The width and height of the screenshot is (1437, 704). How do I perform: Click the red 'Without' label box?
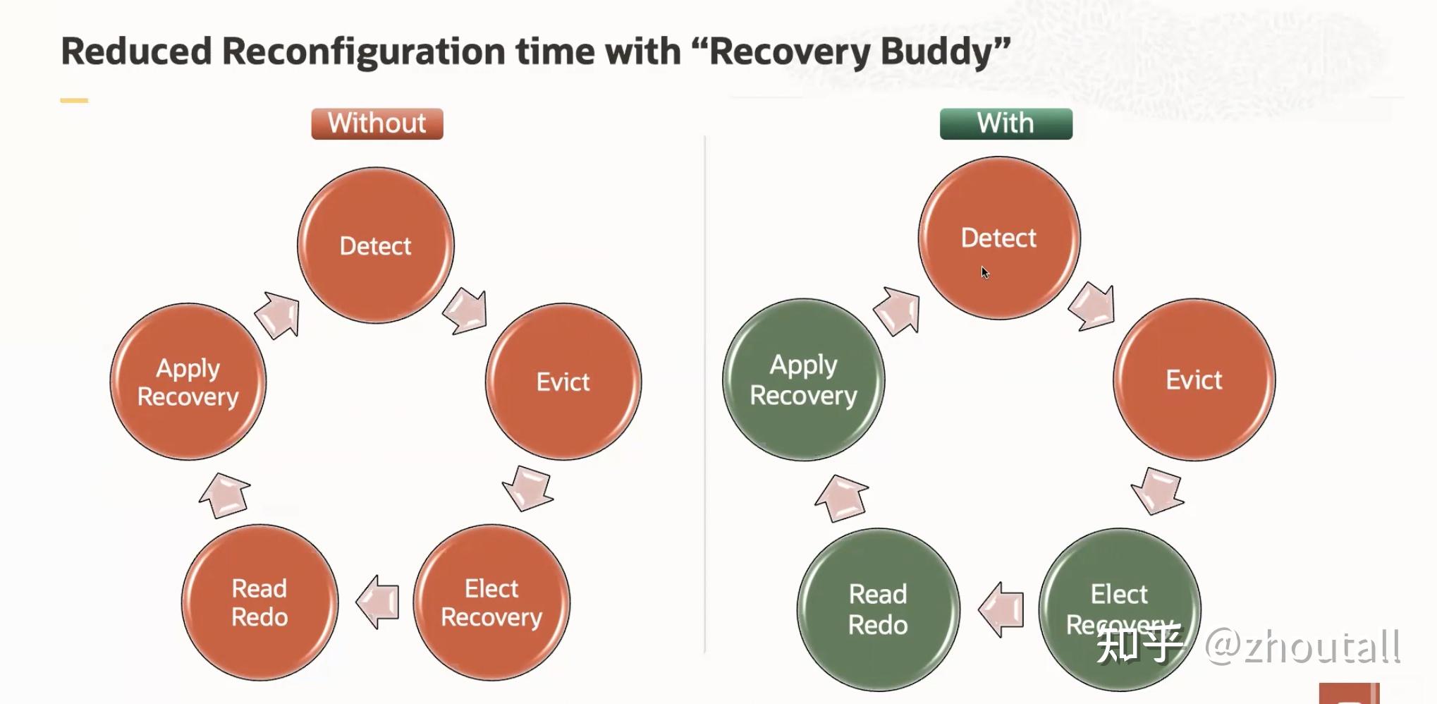click(377, 123)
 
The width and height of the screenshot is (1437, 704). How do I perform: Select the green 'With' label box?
click(1006, 123)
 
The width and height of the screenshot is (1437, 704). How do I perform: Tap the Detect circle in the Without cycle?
click(376, 245)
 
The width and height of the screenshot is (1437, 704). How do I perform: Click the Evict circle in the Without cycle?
click(563, 382)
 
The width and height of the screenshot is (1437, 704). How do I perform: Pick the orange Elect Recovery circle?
click(491, 602)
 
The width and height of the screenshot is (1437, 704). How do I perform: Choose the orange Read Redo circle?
click(259, 602)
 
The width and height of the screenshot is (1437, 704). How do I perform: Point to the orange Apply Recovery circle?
click(188, 382)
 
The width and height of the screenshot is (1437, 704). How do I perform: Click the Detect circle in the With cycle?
click(999, 238)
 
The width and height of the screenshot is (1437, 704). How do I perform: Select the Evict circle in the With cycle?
click(1194, 380)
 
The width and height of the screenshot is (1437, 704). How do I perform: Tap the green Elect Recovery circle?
click(1120, 609)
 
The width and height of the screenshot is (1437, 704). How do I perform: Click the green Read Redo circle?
click(879, 609)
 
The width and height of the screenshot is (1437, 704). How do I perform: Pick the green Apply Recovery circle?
click(804, 380)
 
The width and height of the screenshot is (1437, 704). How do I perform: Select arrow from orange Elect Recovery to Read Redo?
click(377, 602)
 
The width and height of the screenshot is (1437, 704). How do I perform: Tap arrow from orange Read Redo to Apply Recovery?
click(225, 495)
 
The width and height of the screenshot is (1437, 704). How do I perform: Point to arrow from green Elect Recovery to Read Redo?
click(1001, 609)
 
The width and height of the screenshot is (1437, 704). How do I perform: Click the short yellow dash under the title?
click(74, 101)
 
